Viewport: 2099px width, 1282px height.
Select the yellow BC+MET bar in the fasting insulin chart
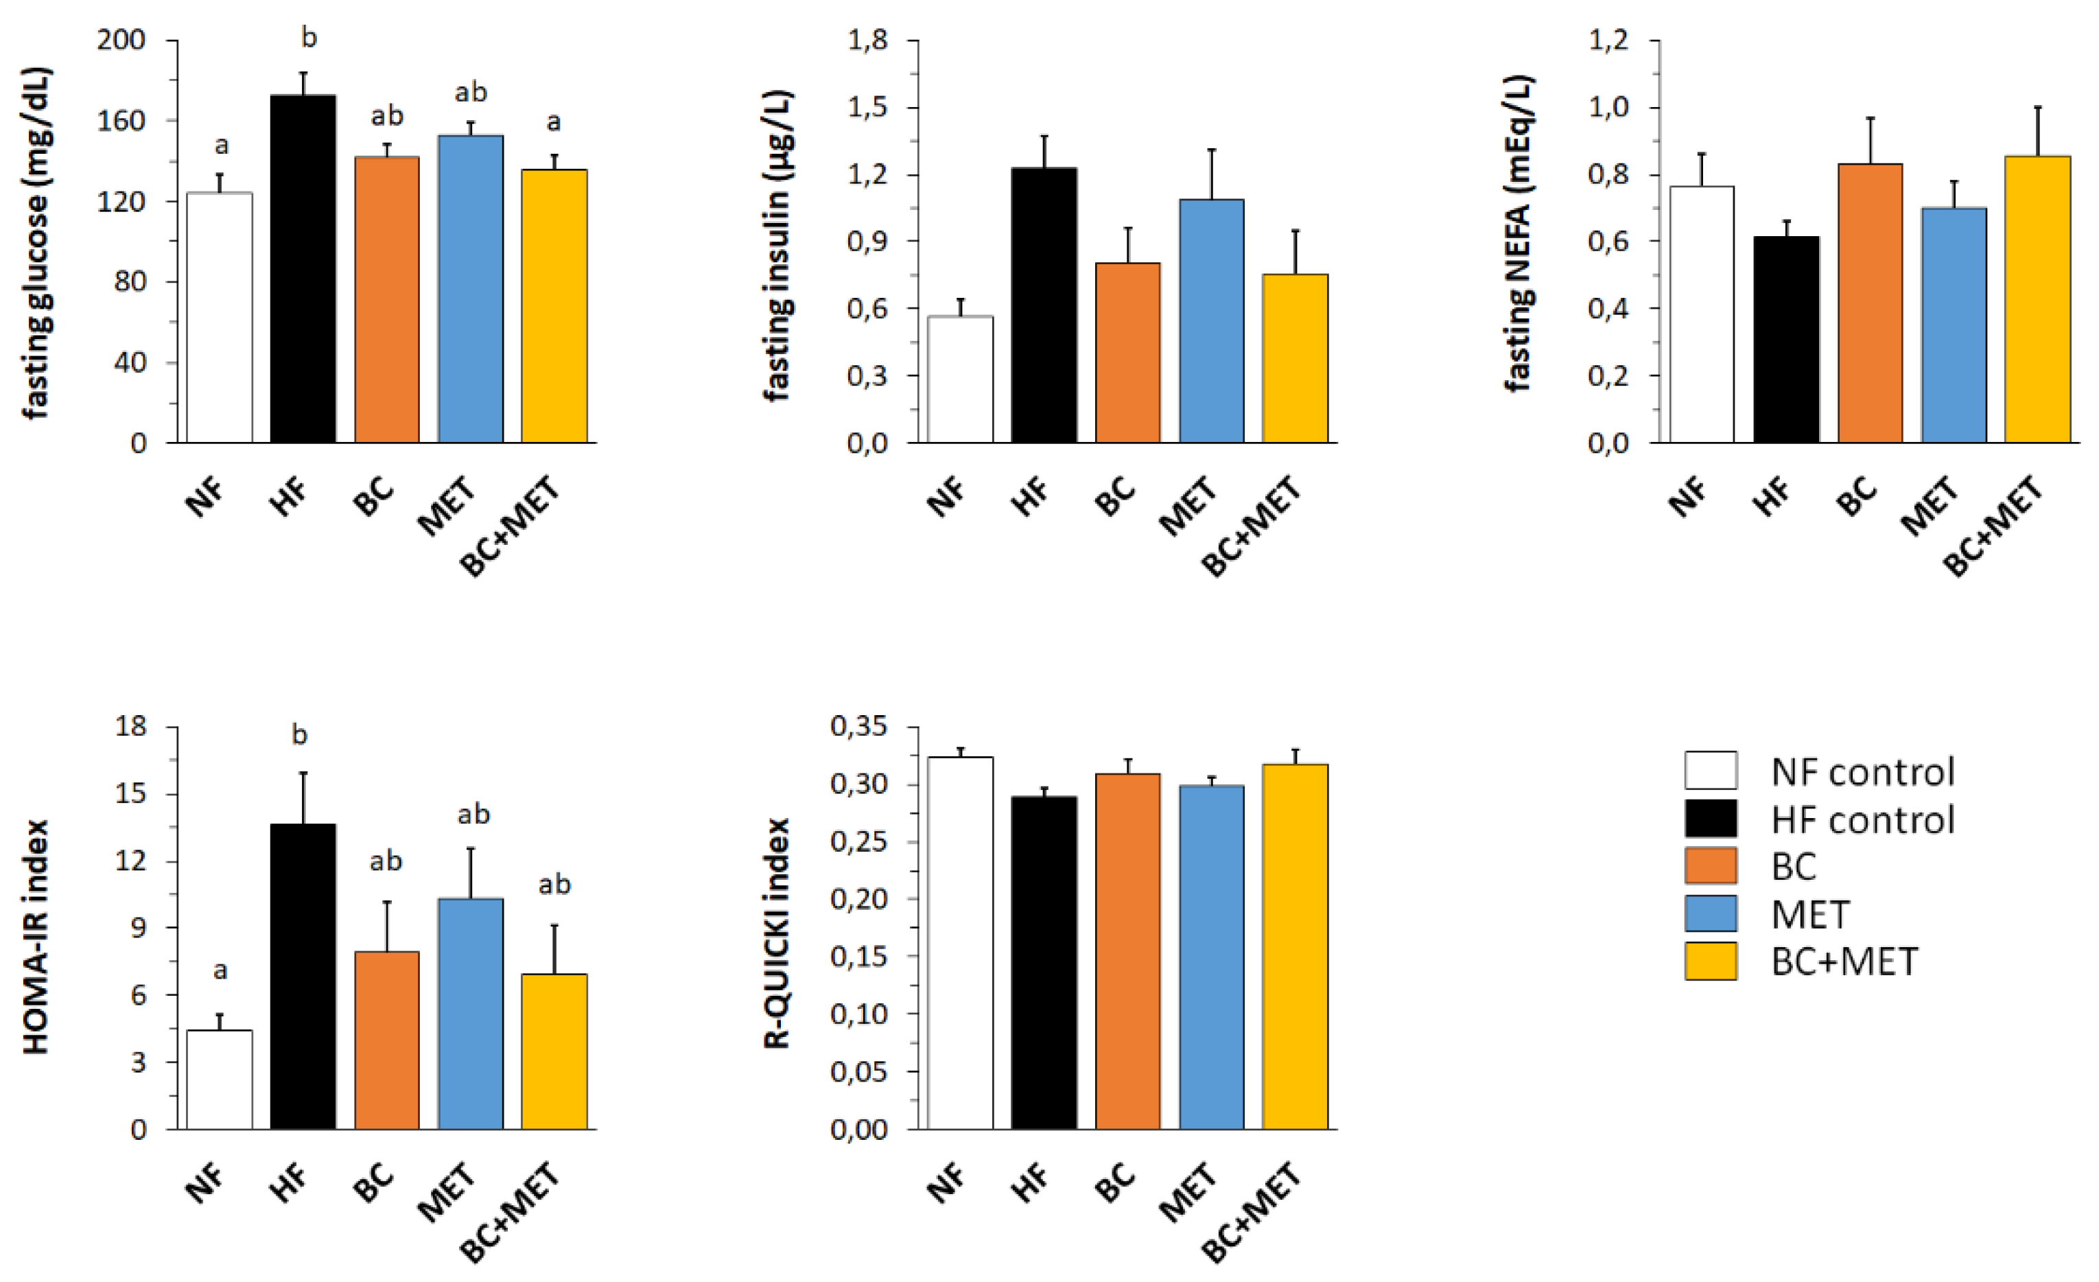point(1295,358)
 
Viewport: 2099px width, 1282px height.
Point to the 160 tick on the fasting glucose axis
point(120,121)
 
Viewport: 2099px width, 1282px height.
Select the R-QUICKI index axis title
point(777,933)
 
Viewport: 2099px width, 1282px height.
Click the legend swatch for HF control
point(1711,819)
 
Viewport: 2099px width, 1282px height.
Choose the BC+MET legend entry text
point(1845,961)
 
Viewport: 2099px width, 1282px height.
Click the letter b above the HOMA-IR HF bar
point(299,734)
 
